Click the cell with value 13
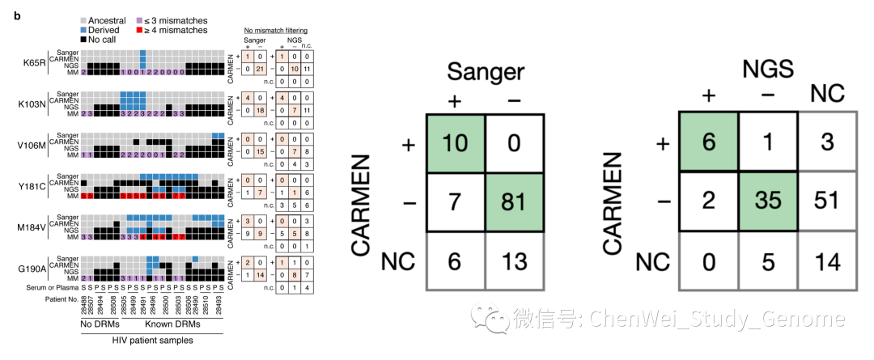(x=515, y=261)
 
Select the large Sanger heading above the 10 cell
(x=485, y=72)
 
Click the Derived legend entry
(x=105, y=30)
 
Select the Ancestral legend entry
(x=108, y=19)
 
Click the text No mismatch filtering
(x=275, y=30)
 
